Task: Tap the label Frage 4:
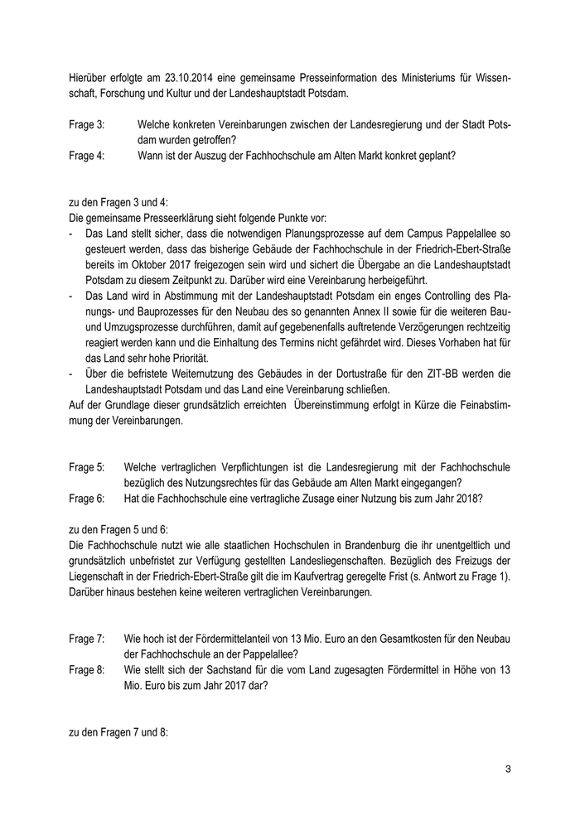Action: [x=87, y=155]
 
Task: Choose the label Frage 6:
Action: [x=87, y=499]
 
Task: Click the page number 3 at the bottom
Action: [x=508, y=770]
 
